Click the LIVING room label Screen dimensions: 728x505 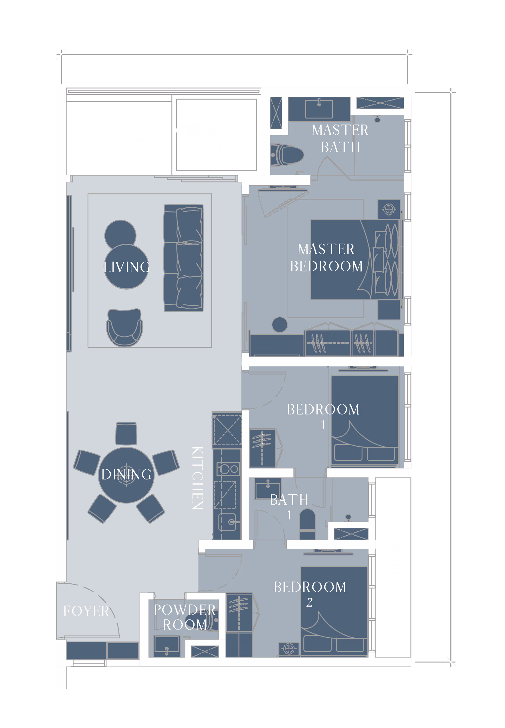pyautogui.click(x=126, y=267)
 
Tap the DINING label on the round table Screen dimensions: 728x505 pyautogui.click(x=126, y=474)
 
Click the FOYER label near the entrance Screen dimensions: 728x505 pyautogui.click(x=86, y=611)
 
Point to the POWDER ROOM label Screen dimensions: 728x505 pyautogui.click(x=185, y=617)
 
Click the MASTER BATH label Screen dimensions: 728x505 pyautogui.click(x=340, y=138)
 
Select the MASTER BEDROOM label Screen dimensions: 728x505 pyautogui.click(x=326, y=257)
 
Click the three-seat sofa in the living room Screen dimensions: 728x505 pyautogui.click(x=183, y=258)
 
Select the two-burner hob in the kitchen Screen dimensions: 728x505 pyautogui.click(x=228, y=469)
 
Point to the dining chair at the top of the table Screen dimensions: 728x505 pyautogui.click(x=126, y=434)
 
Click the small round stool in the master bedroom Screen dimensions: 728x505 pyautogui.click(x=280, y=324)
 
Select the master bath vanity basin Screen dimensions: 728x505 pyautogui.click(x=319, y=109)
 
